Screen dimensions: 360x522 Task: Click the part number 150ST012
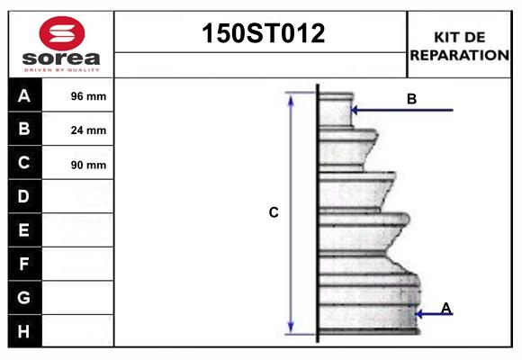pos(261,33)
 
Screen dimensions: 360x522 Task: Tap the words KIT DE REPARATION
pos(459,46)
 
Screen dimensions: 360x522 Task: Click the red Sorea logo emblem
pos(61,33)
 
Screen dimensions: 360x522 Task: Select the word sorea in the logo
pos(61,58)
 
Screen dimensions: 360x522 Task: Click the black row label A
pos(24,95)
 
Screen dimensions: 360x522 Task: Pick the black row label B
pos(24,129)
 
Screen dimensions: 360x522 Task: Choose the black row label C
pos(24,163)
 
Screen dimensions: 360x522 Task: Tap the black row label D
pos(24,196)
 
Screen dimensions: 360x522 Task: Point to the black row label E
pos(24,230)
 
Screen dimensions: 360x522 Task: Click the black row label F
pos(24,264)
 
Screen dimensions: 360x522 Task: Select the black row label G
pos(24,297)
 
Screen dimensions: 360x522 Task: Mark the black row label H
pos(24,331)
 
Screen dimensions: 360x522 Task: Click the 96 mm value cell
pos(88,96)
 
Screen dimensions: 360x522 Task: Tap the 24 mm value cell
pos(88,130)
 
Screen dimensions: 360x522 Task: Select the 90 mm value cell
pos(88,165)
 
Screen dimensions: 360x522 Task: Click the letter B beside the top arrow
pos(411,99)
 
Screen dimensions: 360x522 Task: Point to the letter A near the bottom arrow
pos(446,309)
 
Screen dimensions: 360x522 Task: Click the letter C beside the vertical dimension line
pos(274,213)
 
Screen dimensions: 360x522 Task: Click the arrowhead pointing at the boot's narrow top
pos(355,111)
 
